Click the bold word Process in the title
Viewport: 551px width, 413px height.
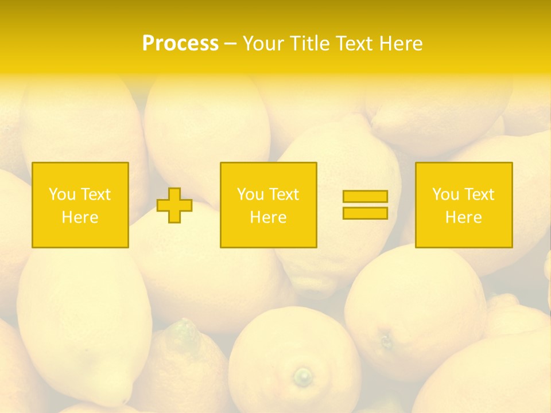point(180,44)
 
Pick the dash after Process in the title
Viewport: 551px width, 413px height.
point(230,44)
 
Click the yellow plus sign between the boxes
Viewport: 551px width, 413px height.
point(174,205)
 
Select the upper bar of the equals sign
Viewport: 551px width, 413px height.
point(365,196)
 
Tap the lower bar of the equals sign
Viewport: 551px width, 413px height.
point(365,213)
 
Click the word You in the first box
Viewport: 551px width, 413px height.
point(62,194)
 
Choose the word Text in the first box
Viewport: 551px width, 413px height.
point(95,194)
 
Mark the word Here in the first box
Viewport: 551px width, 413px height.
point(80,217)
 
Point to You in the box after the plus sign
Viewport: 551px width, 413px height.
point(250,194)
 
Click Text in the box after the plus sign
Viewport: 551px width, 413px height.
point(284,194)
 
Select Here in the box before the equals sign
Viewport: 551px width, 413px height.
point(268,217)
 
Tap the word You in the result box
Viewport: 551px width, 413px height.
point(445,194)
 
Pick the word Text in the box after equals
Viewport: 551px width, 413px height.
point(479,194)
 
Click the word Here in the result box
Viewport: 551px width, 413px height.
point(463,217)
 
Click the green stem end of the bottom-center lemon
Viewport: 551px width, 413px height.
point(302,377)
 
